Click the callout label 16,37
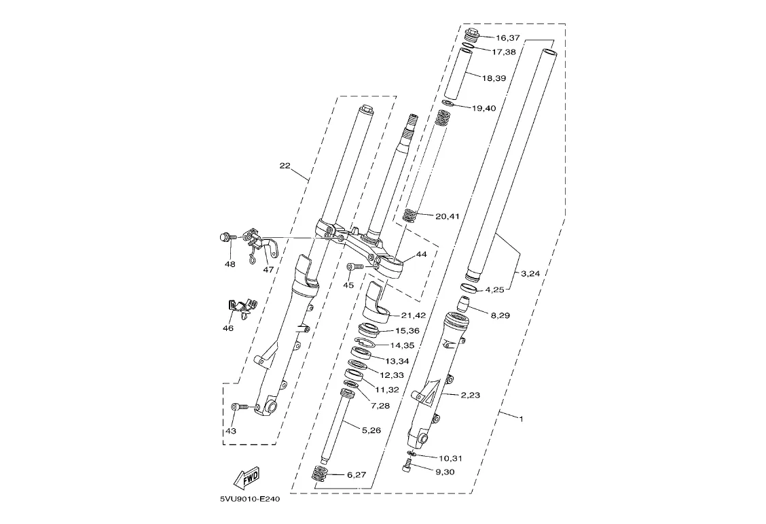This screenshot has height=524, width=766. [507, 37]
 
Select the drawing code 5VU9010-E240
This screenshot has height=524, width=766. [250, 500]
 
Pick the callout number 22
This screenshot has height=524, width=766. [285, 166]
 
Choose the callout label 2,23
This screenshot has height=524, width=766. [470, 395]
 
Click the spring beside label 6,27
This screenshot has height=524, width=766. [319, 474]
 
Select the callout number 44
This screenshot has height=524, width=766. [421, 254]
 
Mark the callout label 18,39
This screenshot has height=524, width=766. [494, 78]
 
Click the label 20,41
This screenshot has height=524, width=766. [447, 216]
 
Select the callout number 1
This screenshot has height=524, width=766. [521, 419]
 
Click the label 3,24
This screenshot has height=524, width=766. [530, 274]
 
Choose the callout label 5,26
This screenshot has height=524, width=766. [371, 430]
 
